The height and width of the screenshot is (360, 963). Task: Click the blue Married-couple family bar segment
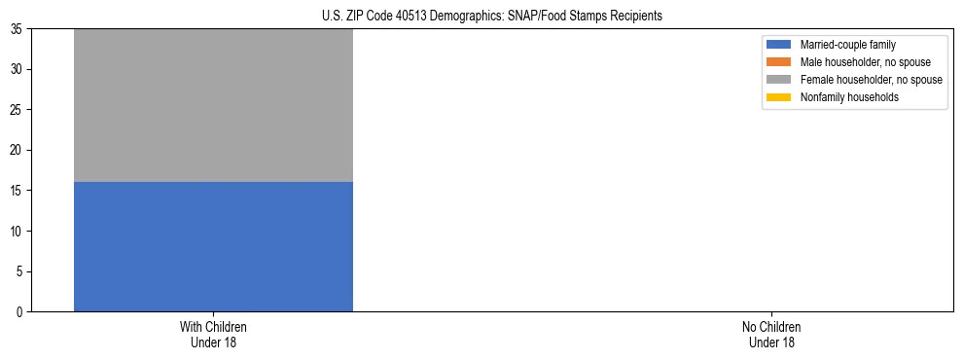[x=213, y=246]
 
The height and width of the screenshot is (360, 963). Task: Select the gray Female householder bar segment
[x=213, y=105]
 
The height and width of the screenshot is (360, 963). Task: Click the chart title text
[x=491, y=16]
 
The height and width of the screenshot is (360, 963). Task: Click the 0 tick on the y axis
[x=19, y=311]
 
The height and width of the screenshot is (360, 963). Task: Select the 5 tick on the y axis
[x=19, y=271]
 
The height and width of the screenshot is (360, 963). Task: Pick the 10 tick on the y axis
[x=17, y=231]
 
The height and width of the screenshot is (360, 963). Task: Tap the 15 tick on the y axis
[x=17, y=191]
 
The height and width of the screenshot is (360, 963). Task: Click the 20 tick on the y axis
[x=17, y=150]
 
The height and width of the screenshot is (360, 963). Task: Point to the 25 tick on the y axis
[x=17, y=110]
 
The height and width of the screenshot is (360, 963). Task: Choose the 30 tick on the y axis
[x=17, y=69]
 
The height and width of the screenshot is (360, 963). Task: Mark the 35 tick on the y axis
[x=17, y=29]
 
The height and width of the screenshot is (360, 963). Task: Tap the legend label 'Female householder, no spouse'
[x=871, y=80]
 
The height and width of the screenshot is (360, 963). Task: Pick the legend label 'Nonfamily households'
[x=847, y=97]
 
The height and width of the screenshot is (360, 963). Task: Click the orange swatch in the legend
[x=779, y=62]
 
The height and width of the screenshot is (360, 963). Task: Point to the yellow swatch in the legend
[x=779, y=97]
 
